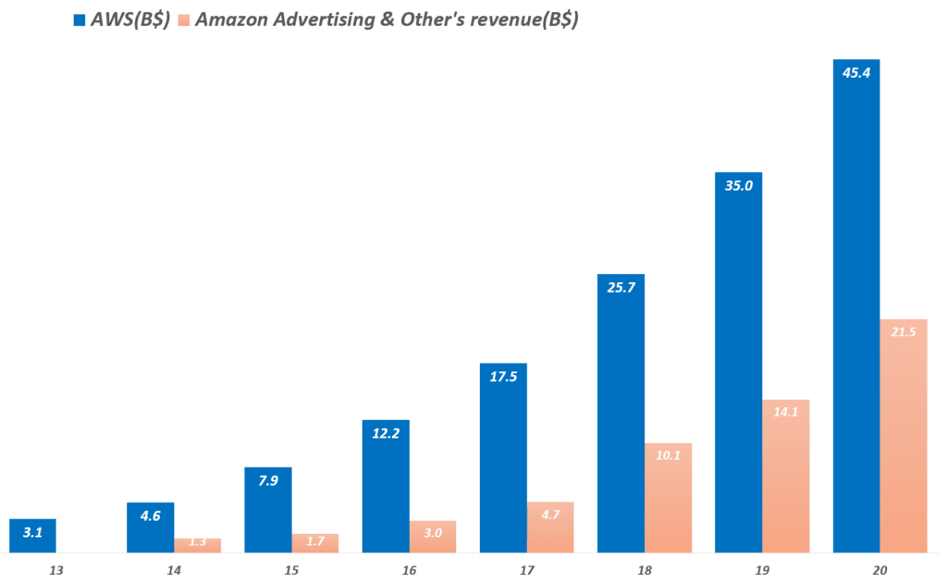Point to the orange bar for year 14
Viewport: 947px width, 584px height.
coord(197,546)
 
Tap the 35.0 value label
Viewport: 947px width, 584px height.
coord(738,185)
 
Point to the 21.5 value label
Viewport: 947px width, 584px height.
coord(903,332)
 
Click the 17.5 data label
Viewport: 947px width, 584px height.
coord(503,377)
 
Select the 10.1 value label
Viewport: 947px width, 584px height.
coord(668,455)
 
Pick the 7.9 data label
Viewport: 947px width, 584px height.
coord(268,480)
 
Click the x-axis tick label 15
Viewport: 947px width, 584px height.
coord(291,570)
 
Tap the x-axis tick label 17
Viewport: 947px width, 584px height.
coord(527,570)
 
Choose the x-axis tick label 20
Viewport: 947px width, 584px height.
coord(879,570)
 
